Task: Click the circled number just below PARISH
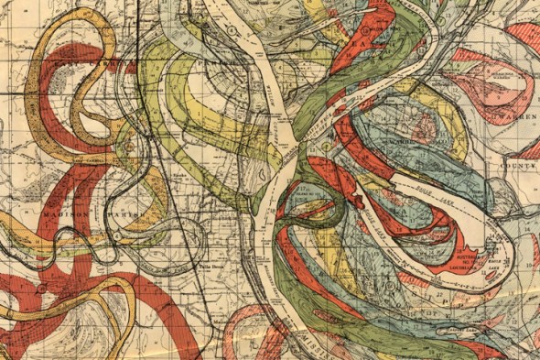pos(118,236)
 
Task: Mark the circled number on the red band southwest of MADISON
pos(40,288)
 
